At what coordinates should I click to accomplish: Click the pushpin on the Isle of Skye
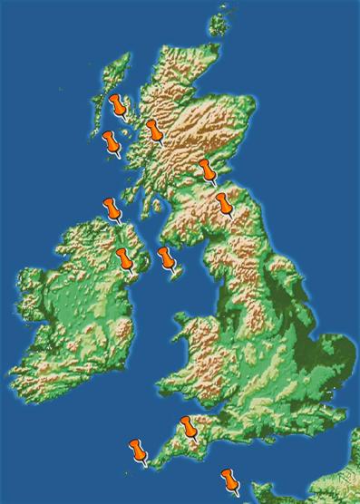coord(119,105)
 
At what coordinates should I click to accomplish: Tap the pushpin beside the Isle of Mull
coord(112,142)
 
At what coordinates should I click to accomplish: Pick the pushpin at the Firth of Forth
coord(208,170)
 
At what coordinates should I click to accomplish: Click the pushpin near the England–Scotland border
coord(224,203)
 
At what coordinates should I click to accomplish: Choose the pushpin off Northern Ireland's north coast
coord(112,209)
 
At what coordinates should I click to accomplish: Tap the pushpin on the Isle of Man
coord(166,257)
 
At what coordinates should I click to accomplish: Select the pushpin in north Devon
coord(189,426)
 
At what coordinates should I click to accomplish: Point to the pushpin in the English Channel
coord(229,479)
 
